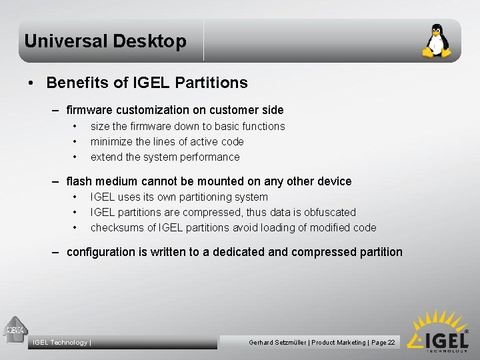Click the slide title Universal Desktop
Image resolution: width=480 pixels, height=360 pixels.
[105, 41]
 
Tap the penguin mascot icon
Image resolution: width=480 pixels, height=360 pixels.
[437, 41]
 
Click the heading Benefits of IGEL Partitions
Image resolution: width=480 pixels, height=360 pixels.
[147, 83]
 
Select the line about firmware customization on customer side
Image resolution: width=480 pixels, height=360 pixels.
[175, 110]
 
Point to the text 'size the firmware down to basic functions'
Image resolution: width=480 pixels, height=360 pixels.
[187, 126]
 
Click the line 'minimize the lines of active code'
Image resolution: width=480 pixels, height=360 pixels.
[167, 141]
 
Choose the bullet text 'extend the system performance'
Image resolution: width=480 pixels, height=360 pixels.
[165, 157]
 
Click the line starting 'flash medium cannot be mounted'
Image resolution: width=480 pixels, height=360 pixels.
[209, 181]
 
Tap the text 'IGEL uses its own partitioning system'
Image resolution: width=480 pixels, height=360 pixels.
[179, 197]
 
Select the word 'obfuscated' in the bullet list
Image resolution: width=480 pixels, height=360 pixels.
[330, 212]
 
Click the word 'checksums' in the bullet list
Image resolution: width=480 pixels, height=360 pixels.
[117, 227]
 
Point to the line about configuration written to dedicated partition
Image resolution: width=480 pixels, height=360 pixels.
[235, 252]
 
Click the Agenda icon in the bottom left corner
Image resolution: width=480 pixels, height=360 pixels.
[15, 329]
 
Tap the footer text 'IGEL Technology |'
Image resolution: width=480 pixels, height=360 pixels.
[61, 343]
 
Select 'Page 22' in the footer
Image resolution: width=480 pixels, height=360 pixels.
[383, 343]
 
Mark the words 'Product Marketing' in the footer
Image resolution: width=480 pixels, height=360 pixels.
[338, 343]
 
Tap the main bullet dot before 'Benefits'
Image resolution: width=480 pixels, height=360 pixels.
[31, 83]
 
